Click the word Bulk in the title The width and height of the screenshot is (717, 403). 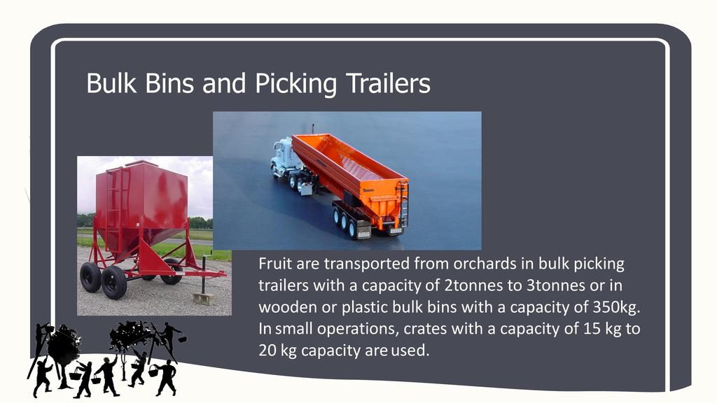111,83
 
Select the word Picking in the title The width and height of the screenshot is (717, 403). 295,84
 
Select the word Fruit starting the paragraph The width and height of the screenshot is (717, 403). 274,264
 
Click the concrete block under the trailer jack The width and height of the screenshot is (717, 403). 203,299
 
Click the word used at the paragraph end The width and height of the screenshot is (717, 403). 410,351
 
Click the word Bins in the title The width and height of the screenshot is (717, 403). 169,83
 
